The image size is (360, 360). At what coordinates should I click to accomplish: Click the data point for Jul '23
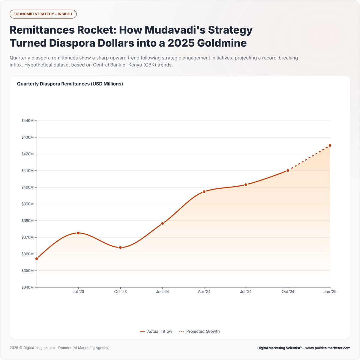coord(78,233)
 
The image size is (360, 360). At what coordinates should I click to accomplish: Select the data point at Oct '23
coord(120,247)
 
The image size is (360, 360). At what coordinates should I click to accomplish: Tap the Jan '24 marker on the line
coord(162,223)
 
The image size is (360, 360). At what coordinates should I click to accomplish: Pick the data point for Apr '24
coord(204,192)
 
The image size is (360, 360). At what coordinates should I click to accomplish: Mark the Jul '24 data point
coord(246,185)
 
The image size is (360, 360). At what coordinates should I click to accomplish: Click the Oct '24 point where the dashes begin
coord(288,170)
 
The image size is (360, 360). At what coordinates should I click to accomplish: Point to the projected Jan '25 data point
coord(330,145)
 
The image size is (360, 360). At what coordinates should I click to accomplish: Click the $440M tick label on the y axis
coord(27,121)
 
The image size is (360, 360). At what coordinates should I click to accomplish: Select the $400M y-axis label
coord(27,187)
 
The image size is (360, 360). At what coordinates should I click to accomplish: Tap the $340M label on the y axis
coord(27,287)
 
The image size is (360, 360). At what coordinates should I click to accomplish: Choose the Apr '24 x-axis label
coord(204,292)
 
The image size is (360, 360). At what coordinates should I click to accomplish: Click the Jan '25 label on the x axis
coord(330,292)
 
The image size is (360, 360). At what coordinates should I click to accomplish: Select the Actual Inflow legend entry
coord(156,331)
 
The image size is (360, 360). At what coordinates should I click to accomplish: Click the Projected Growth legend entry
coord(199,331)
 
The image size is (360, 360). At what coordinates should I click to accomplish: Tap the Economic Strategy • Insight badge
coord(43,14)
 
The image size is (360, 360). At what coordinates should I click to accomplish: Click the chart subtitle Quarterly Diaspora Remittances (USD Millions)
coord(70,84)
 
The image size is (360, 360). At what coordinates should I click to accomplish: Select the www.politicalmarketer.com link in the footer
coord(328,348)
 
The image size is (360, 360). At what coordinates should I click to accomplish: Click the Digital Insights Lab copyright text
coord(59,348)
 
